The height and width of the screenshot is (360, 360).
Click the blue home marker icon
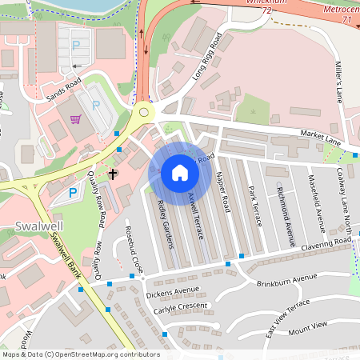point(179,173)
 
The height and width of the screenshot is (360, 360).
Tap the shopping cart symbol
point(76,120)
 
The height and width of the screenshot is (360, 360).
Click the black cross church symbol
point(114,174)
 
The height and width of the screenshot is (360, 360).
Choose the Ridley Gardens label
point(166,223)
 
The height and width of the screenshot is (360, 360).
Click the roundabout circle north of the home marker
point(145,112)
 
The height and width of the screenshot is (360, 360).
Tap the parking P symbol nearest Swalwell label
point(74,192)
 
